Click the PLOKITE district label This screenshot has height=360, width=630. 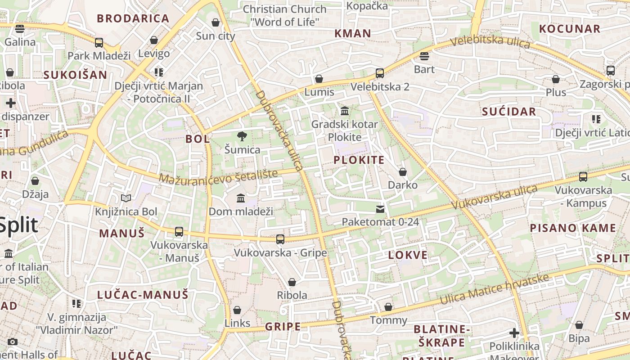pyautogui.click(x=359, y=160)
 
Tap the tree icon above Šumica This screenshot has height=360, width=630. pyautogui.click(x=242, y=136)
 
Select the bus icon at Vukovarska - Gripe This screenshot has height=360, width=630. pyautogui.click(x=280, y=239)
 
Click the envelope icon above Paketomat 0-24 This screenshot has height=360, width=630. pyautogui.click(x=380, y=209)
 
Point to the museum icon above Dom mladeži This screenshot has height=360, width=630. pyautogui.click(x=241, y=198)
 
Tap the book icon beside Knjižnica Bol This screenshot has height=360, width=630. pyautogui.click(x=126, y=198)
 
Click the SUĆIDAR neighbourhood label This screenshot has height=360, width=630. pyautogui.click(x=509, y=112)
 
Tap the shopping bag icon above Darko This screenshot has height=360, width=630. pyautogui.click(x=403, y=172)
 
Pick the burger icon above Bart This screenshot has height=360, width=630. pyautogui.click(x=424, y=56)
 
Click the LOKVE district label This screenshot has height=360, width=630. pyautogui.click(x=408, y=255)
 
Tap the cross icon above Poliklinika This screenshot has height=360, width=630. pyautogui.click(x=514, y=333)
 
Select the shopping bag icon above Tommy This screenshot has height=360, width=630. pyautogui.click(x=388, y=307)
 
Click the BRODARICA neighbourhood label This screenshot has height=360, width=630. pyautogui.click(x=133, y=18)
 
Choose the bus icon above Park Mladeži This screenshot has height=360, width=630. pyautogui.click(x=99, y=43)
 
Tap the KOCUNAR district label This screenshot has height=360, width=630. pyautogui.click(x=569, y=29)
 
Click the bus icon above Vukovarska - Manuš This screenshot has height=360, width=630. pyautogui.click(x=179, y=232)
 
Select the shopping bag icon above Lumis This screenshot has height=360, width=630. pyautogui.click(x=319, y=79)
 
